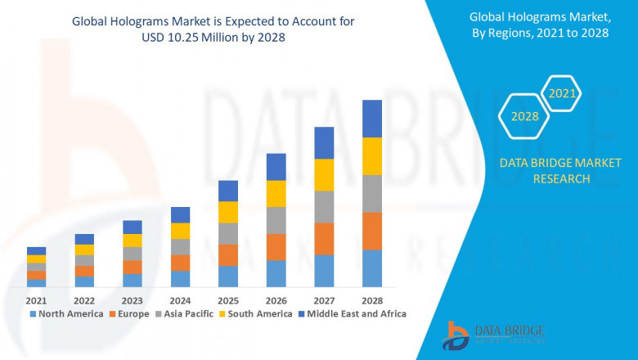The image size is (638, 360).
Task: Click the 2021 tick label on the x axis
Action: [x=36, y=299]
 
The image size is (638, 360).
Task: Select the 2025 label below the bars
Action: [x=228, y=299]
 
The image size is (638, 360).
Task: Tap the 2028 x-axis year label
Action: [x=372, y=299]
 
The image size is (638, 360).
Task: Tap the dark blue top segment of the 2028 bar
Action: [x=372, y=119]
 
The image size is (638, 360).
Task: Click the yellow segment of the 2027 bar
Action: [x=324, y=174]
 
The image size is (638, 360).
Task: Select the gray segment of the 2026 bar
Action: [x=276, y=220]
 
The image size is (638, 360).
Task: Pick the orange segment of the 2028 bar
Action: [x=372, y=231]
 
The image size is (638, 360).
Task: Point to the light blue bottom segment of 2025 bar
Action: [x=228, y=277]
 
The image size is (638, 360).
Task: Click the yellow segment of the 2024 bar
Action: [x=180, y=231]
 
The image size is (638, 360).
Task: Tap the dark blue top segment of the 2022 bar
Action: [x=84, y=239]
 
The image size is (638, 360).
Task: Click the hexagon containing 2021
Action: [x=562, y=94]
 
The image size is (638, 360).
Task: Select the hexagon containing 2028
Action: [x=524, y=117]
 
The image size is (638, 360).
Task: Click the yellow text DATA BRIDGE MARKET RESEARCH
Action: [x=544, y=171]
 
